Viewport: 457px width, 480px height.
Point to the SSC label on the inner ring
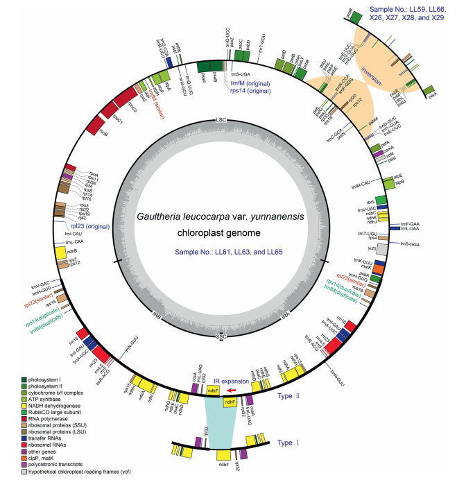click(x=221, y=336)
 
